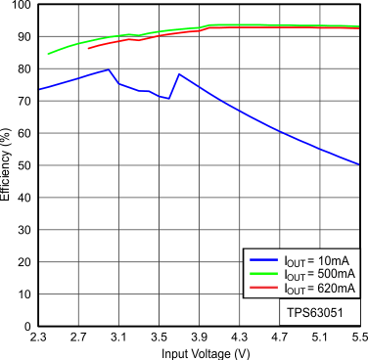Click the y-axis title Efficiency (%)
point(7,166)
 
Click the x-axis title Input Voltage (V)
point(199,351)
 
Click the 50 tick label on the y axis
point(24,166)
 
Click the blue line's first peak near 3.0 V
point(108,69)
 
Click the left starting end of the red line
point(88,48)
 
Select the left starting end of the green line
point(48,54)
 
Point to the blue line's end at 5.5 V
point(359,164)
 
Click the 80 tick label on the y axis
point(24,69)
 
